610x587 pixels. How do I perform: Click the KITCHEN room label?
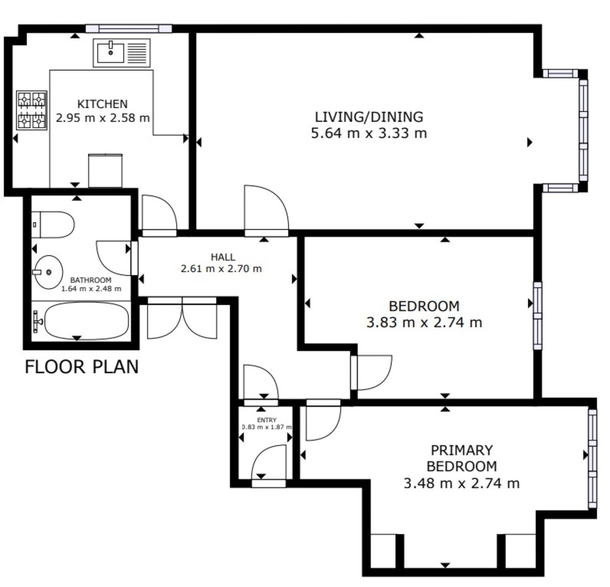pos(103,104)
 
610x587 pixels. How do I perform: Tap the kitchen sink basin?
pos(110,53)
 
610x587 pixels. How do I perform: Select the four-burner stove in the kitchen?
pos(32,110)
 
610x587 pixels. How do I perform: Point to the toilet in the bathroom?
pos(53,225)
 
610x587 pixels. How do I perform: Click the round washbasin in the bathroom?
pos(48,272)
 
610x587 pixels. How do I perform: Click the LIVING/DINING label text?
pos(369,117)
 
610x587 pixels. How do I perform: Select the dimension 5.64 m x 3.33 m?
pos(369,133)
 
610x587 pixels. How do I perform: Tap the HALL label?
pos(223,257)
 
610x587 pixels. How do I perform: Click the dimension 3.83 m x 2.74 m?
pos(424,322)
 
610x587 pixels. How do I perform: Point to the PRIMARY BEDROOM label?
pos(462,458)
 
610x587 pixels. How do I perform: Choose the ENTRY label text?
pos(267,420)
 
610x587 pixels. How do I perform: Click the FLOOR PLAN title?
pos(82,366)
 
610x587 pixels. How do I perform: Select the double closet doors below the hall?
pos(182,318)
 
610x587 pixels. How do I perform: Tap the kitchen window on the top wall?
pos(129,29)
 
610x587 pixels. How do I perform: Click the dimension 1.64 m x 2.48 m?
pos(91,289)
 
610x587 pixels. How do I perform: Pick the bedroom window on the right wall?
pos(538,316)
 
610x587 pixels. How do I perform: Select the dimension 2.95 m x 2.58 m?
pos(103,118)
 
